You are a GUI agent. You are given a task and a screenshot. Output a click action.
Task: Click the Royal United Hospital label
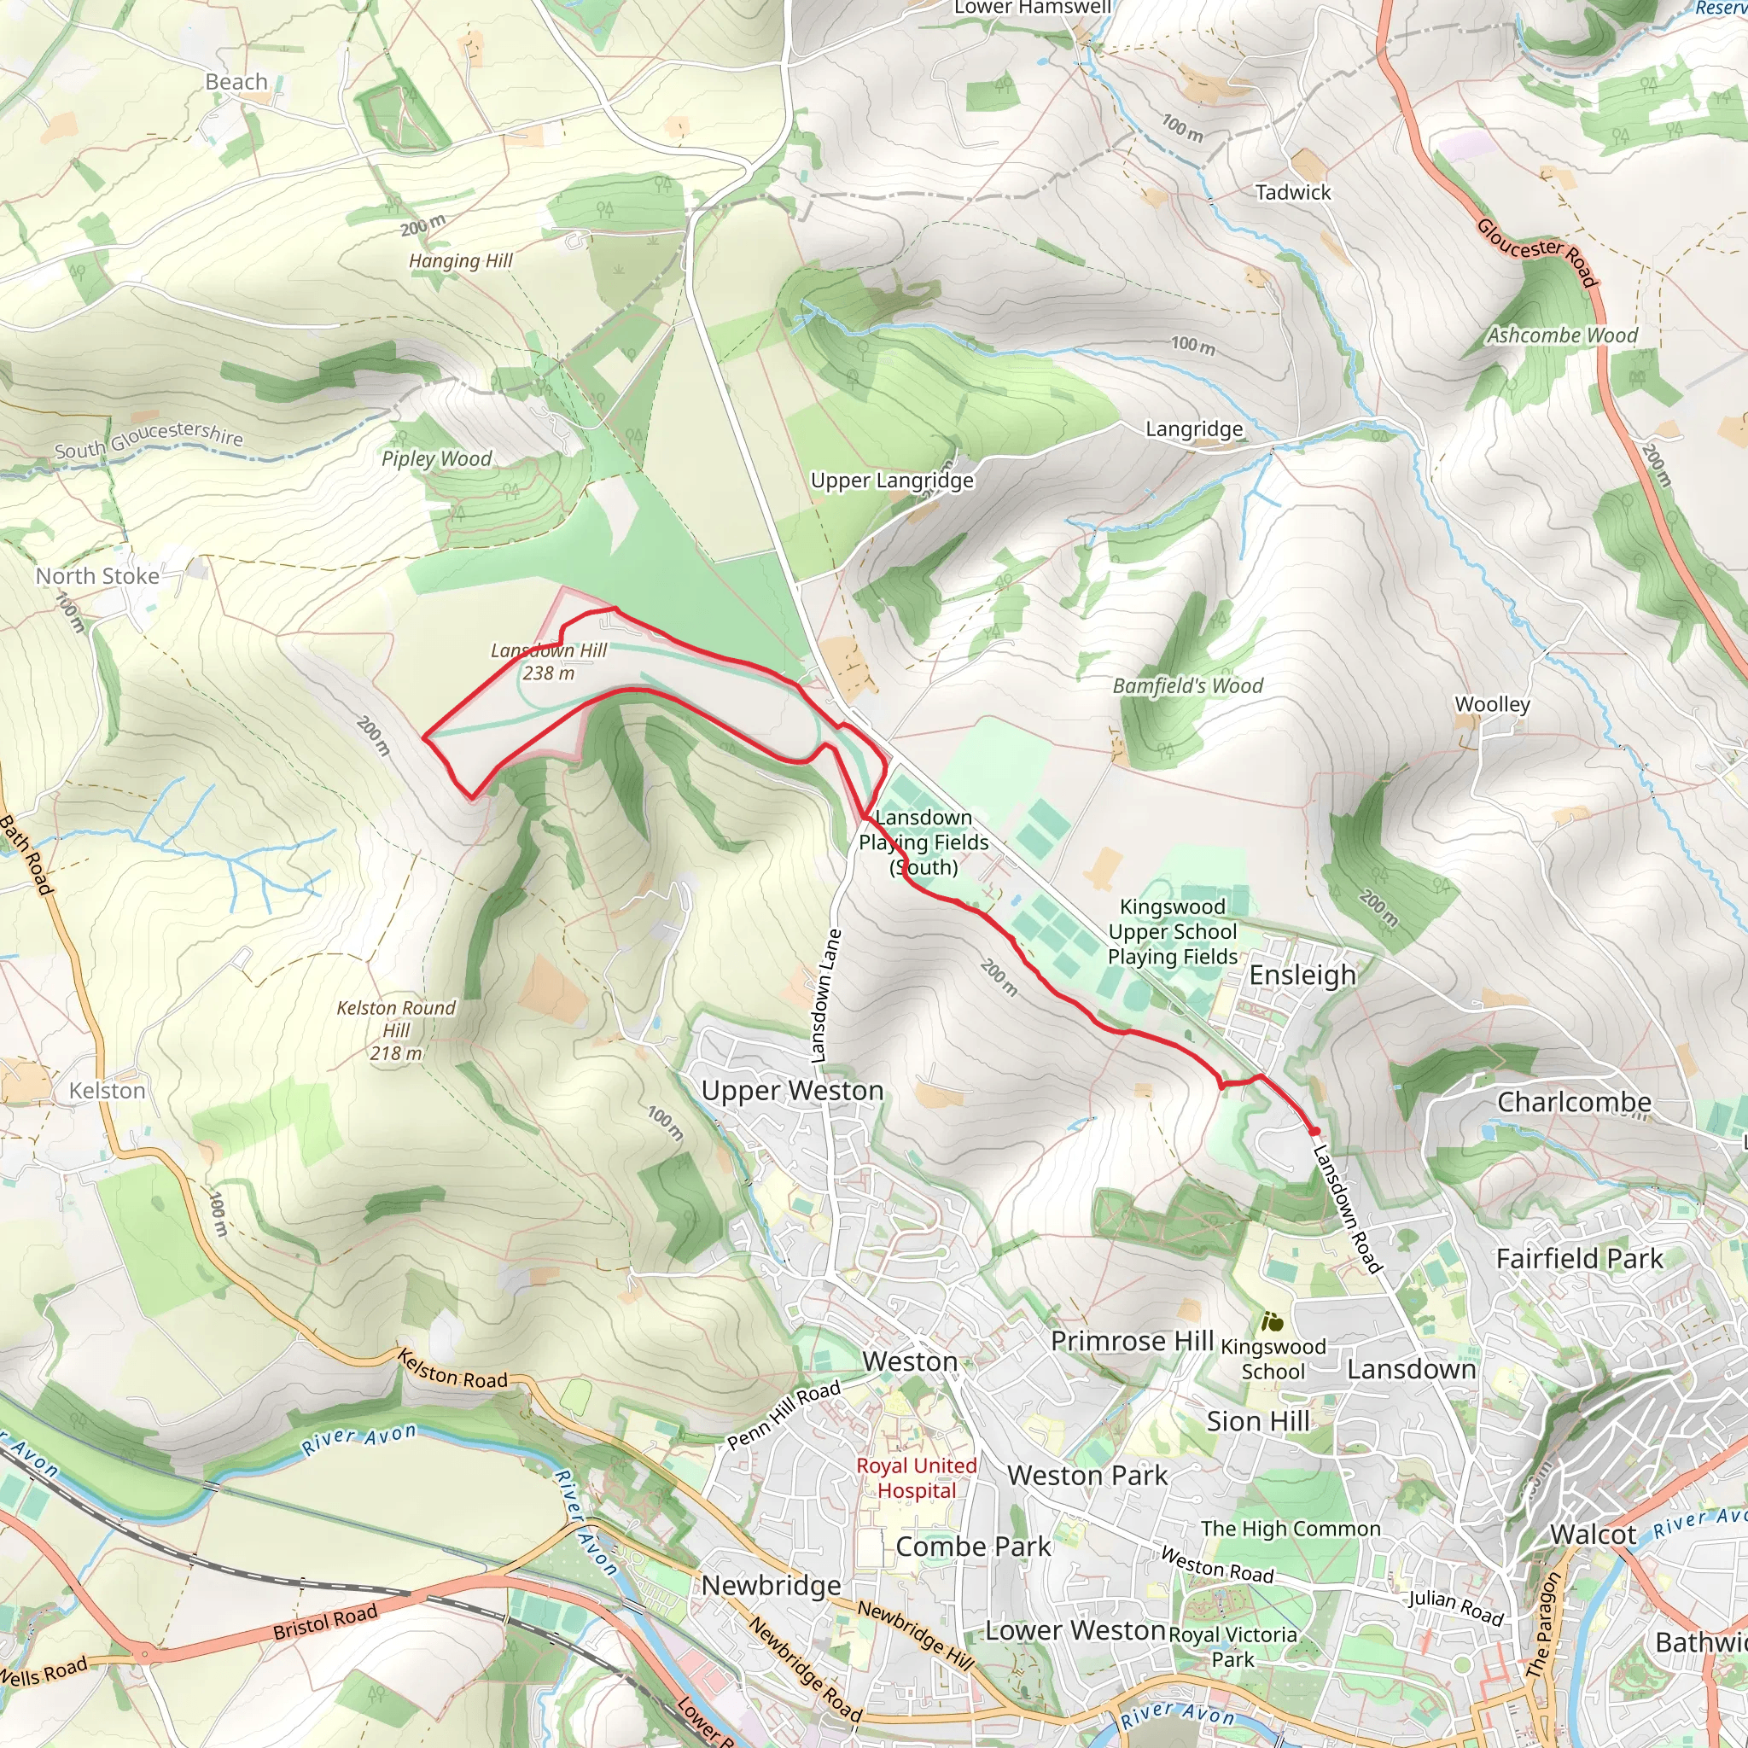point(917,1477)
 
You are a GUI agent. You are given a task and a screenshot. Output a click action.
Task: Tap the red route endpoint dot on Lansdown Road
point(1314,1131)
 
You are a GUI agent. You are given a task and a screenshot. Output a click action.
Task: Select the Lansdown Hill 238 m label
point(548,661)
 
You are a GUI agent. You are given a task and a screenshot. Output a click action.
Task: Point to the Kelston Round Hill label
point(396,1029)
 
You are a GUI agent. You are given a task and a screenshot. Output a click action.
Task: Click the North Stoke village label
point(96,576)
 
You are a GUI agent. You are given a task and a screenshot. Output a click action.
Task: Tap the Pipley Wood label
point(436,458)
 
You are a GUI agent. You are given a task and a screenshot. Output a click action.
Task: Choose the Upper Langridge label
point(891,481)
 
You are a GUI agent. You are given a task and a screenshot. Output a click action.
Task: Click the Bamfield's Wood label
point(1187,686)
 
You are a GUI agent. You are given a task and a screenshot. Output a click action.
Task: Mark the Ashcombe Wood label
point(1562,335)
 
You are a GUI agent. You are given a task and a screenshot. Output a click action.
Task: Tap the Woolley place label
point(1492,704)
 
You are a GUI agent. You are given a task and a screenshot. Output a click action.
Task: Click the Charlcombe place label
point(1573,1102)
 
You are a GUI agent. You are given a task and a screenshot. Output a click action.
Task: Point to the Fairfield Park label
point(1579,1259)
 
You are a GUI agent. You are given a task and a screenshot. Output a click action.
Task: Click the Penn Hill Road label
point(784,1415)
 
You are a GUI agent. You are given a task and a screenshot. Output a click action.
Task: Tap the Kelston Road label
point(452,1369)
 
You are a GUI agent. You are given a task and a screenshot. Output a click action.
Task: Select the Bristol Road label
point(325,1623)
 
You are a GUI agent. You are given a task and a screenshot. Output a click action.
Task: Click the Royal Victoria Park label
point(1232,1646)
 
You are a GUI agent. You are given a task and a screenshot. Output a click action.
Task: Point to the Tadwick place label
point(1293,192)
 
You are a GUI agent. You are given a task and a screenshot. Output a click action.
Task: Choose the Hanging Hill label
point(461,261)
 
